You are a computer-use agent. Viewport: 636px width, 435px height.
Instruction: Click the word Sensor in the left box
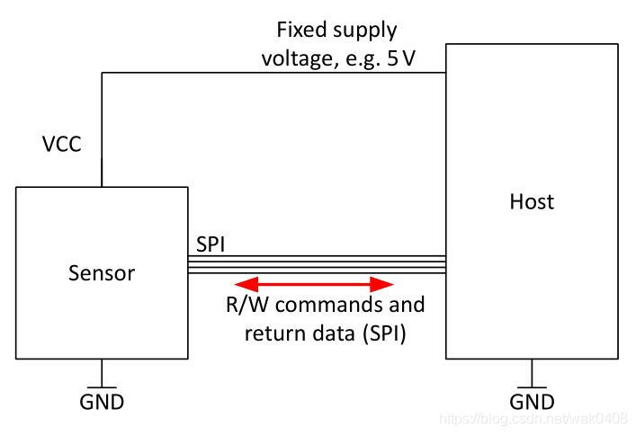pyautogui.click(x=102, y=273)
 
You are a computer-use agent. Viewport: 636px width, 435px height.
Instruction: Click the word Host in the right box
pyautogui.click(x=532, y=201)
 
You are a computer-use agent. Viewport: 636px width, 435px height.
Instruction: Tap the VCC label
pyautogui.click(x=62, y=144)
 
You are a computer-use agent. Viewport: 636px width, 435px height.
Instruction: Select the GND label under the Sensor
pyautogui.click(x=102, y=402)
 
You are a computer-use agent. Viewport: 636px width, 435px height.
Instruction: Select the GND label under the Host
pyautogui.click(x=532, y=402)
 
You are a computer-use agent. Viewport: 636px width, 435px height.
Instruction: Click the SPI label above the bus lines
pyautogui.click(x=211, y=244)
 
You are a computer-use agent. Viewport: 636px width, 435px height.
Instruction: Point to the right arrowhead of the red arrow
pyautogui.click(x=381, y=284)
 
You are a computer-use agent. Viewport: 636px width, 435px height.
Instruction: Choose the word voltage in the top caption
pyautogui.click(x=299, y=59)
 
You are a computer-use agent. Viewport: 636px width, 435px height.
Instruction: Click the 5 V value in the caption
pyautogui.click(x=401, y=58)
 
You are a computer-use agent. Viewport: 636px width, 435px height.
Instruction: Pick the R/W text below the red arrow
pyautogui.click(x=247, y=305)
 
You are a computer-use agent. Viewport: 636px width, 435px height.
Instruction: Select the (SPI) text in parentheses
pyautogui.click(x=384, y=333)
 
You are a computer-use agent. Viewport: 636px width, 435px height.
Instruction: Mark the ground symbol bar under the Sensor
pyautogui.click(x=102, y=387)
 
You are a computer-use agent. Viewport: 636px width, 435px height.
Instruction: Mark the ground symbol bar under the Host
pyautogui.click(x=532, y=387)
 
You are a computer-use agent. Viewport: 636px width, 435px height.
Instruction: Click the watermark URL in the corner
pyautogui.click(x=533, y=419)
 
